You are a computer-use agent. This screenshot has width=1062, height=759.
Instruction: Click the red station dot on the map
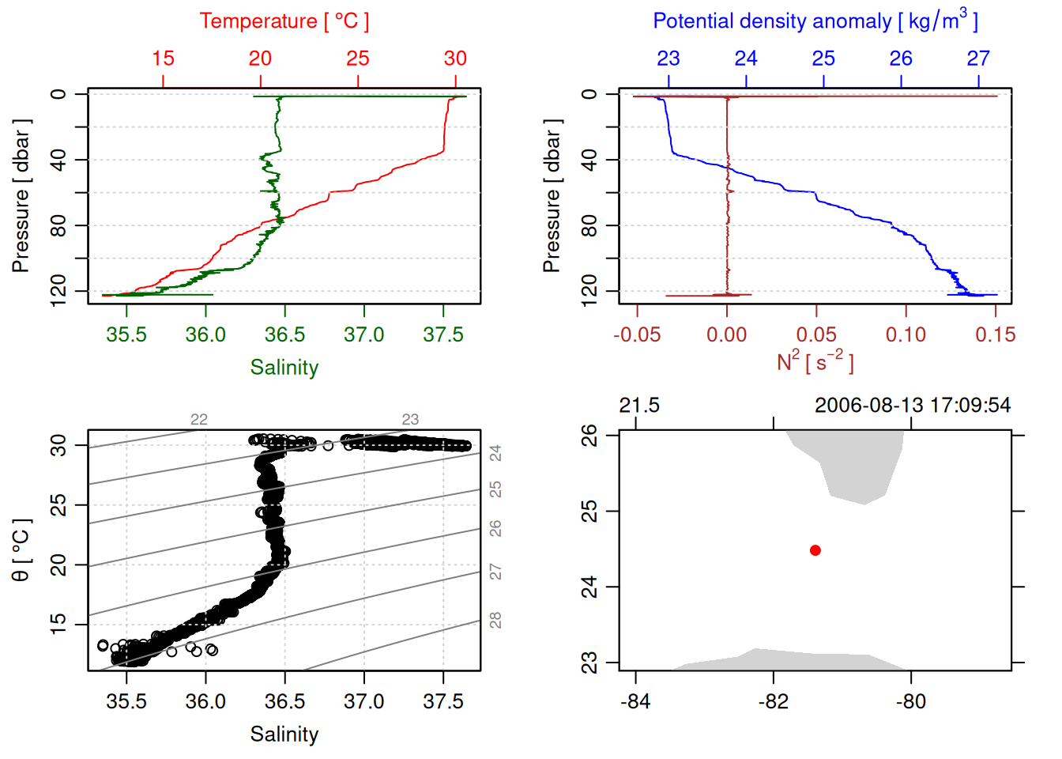pyautogui.click(x=815, y=550)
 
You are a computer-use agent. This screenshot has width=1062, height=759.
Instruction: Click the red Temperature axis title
pyautogui.click(x=284, y=21)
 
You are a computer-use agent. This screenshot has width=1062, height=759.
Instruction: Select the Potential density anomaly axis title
pyautogui.click(x=815, y=21)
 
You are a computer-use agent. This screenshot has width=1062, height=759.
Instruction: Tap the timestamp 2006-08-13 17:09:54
pyautogui.click(x=912, y=406)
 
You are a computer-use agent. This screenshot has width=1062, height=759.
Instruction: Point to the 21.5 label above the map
pyautogui.click(x=638, y=406)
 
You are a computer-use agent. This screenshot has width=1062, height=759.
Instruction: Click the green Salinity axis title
pyautogui.click(x=284, y=368)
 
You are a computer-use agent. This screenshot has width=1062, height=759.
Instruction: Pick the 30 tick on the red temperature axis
pyautogui.click(x=455, y=59)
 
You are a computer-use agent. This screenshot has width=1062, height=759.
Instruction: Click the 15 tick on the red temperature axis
pyautogui.click(x=163, y=59)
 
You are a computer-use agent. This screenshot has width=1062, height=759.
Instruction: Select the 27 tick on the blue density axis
pyautogui.click(x=978, y=59)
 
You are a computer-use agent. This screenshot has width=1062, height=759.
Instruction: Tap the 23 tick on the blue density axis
pyautogui.click(x=668, y=59)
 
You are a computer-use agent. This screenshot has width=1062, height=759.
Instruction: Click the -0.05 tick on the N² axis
pyautogui.click(x=637, y=334)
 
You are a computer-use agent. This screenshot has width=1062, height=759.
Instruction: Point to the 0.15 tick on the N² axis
pyautogui.click(x=995, y=334)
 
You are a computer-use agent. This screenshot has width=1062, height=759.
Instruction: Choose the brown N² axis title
pyautogui.click(x=815, y=361)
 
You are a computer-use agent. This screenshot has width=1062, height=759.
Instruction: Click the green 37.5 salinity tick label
pyautogui.click(x=442, y=334)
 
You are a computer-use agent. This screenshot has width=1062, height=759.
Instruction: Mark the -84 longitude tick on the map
pyautogui.click(x=635, y=701)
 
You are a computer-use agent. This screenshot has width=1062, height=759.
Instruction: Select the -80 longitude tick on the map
pyautogui.click(x=911, y=701)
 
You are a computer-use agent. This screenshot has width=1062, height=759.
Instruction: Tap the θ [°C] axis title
pyautogui.click(x=21, y=550)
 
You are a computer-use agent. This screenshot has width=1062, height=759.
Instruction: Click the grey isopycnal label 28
pyautogui.click(x=495, y=621)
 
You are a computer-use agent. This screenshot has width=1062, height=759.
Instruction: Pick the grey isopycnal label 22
pyautogui.click(x=199, y=419)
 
